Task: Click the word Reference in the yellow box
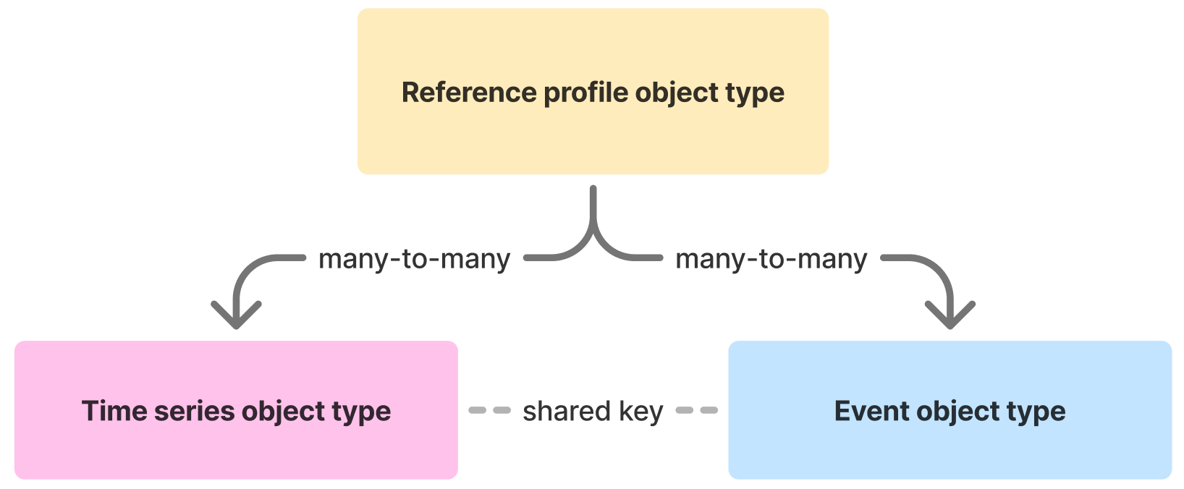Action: pos(468,93)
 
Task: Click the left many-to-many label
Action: pos(414,259)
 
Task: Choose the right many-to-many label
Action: pos(771,259)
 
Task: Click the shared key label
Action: pos(593,411)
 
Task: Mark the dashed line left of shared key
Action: pos(490,410)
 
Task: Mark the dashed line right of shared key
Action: pos(696,410)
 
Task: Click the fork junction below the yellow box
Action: pos(593,228)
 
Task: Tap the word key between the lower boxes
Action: pos(640,411)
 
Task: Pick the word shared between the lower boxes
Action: pos(567,411)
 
